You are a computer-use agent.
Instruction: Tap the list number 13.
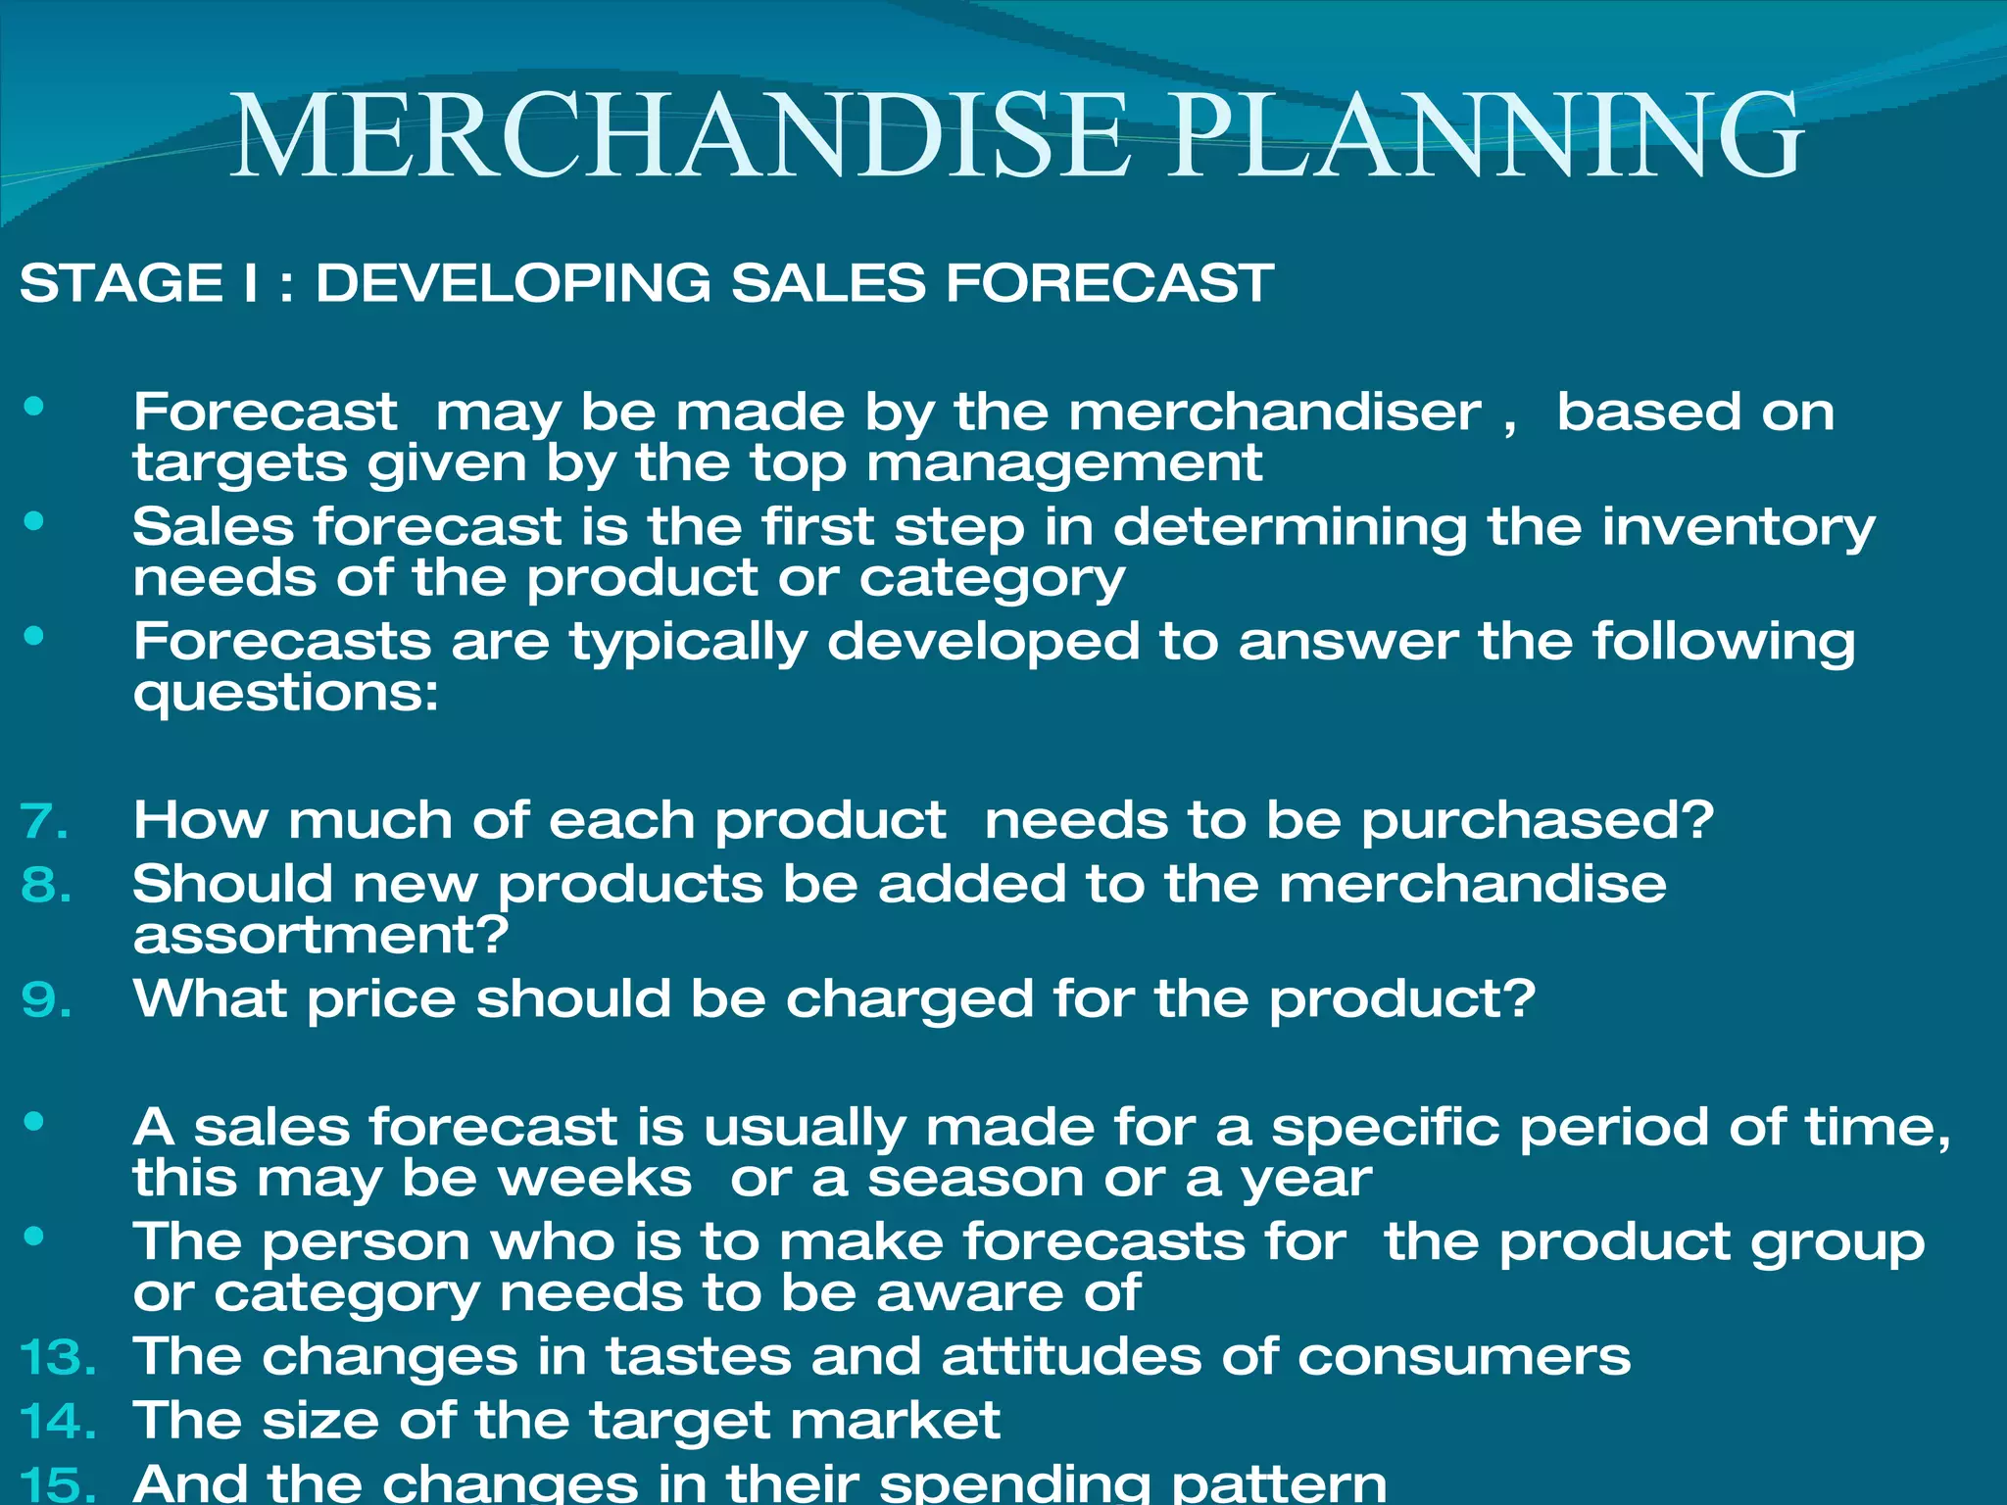[58, 1358]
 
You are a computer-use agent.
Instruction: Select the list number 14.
[58, 1422]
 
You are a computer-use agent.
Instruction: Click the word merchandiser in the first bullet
[1275, 412]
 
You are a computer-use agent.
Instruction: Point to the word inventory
[1738, 527]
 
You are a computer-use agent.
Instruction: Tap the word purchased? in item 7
[1538, 821]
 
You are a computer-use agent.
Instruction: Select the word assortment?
[321, 935]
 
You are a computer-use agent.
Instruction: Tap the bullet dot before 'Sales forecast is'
[35, 521]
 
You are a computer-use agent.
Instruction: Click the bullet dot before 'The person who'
[35, 1237]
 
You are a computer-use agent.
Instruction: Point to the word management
[1064, 462]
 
